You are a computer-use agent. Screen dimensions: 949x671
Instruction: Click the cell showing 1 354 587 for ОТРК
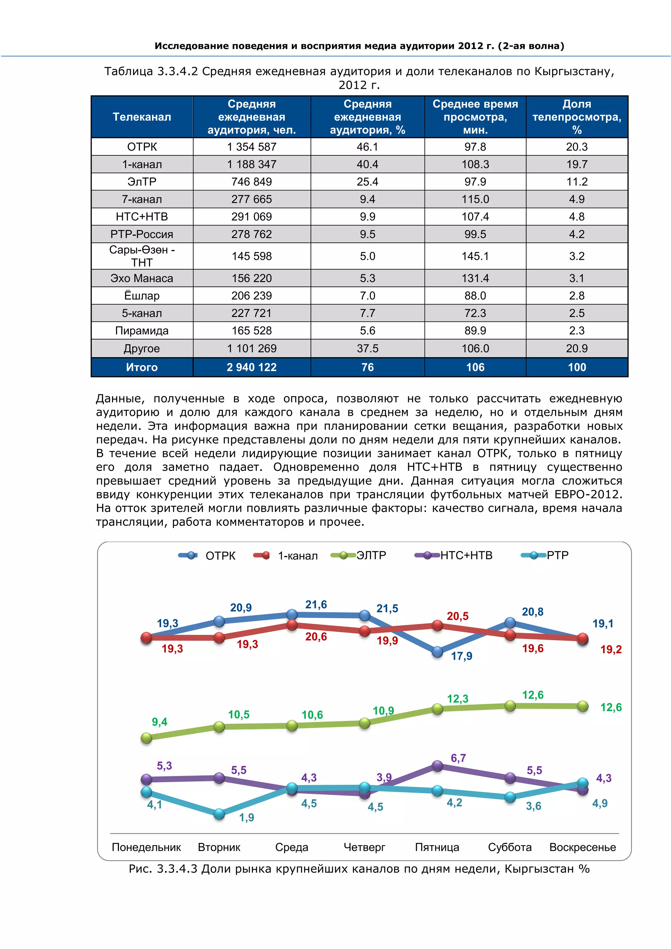tap(252, 147)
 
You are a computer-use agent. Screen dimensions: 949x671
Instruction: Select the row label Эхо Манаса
tap(142, 278)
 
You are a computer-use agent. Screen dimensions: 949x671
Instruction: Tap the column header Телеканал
tap(142, 117)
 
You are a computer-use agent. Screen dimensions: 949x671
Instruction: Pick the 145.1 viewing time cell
tap(475, 256)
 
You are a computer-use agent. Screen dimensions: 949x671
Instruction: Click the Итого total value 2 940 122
tap(252, 367)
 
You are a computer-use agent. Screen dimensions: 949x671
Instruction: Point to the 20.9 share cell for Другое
tap(577, 348)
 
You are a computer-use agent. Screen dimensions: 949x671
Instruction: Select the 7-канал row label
tap(142, 199)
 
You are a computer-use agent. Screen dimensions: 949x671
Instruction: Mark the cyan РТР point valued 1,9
tap(219, 814)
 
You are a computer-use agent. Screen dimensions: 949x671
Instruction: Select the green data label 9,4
tap(160, 722)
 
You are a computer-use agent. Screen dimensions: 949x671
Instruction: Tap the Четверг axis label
tap(364, 847)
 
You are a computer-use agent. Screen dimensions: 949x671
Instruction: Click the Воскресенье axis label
tap(582, 847)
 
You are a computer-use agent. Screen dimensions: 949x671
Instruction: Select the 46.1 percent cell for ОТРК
tap(367, 147)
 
